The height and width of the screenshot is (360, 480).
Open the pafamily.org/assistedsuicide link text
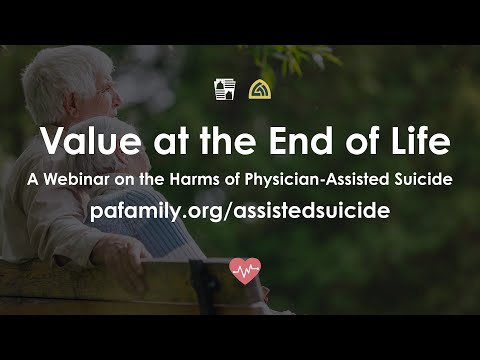click(239, 211)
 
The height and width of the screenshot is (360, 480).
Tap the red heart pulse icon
click(244, 269)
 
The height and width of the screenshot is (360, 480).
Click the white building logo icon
click(224, 90)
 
